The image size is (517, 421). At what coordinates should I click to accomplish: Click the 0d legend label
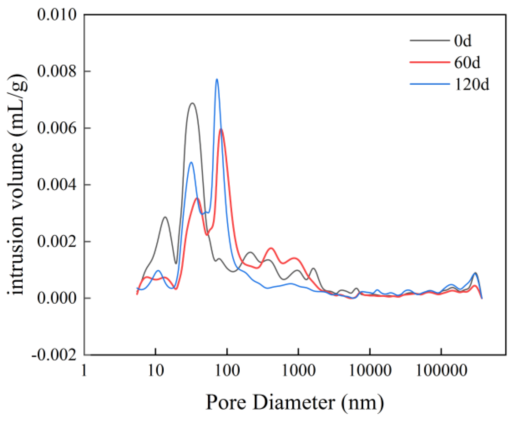coord(463,41)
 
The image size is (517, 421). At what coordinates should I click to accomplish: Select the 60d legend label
coord(467,63)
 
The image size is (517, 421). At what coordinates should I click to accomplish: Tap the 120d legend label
coord(472,84)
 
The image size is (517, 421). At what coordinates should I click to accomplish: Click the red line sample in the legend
coord(430,62)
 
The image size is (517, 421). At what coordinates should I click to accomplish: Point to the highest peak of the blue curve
coord(217,79)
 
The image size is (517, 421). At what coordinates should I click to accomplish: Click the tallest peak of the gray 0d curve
coord(192,103)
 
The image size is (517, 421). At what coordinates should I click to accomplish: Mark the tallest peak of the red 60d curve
coord(221,130)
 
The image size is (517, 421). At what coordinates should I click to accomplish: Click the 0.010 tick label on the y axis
coord(57,14)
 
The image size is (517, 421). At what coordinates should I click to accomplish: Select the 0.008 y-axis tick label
coord(57,71)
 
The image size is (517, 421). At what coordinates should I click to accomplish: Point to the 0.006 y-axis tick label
coord(57,128)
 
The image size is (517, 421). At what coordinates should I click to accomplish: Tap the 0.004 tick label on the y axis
coord(57,185)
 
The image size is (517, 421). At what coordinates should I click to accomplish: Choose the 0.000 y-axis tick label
coord(57,298)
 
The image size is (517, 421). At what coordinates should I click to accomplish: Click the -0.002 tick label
coord(54,355)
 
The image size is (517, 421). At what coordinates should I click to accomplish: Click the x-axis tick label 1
coord(84,371)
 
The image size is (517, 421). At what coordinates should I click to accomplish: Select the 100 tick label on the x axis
coord(227,371)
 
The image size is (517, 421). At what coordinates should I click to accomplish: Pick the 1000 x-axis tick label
coord(298,371)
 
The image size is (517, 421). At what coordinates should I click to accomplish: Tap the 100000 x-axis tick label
coord(441,371)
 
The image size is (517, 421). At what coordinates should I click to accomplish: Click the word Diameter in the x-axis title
coord(294,402)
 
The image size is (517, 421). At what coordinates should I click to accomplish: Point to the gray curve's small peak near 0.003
coord(165,217)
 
